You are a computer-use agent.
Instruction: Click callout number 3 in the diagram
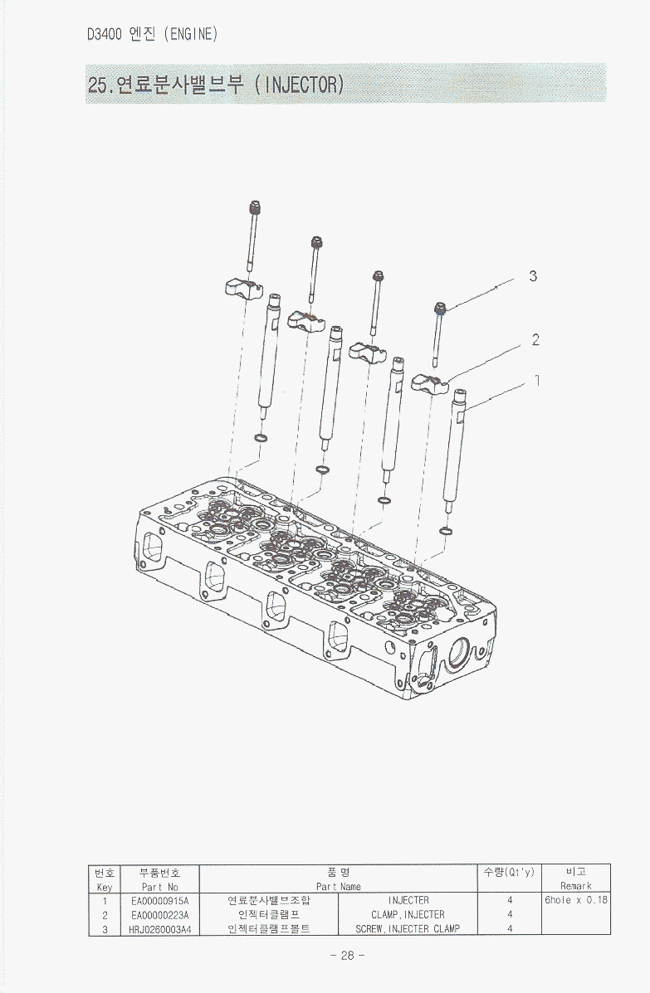[533, 276]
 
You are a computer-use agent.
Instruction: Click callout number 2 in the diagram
[535, 340]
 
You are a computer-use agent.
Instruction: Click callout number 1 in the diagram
[537, 380]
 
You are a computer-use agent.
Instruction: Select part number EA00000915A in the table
[160, 901]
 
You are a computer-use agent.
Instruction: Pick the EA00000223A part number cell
[160, 915]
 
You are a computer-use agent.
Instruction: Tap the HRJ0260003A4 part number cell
[160, 929]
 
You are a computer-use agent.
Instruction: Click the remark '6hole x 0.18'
[576, 900]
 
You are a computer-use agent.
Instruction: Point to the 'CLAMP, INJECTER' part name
[408, 915]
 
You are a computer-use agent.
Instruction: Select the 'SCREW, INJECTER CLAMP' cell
[408, 929]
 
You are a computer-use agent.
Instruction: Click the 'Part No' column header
[160, 888]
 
